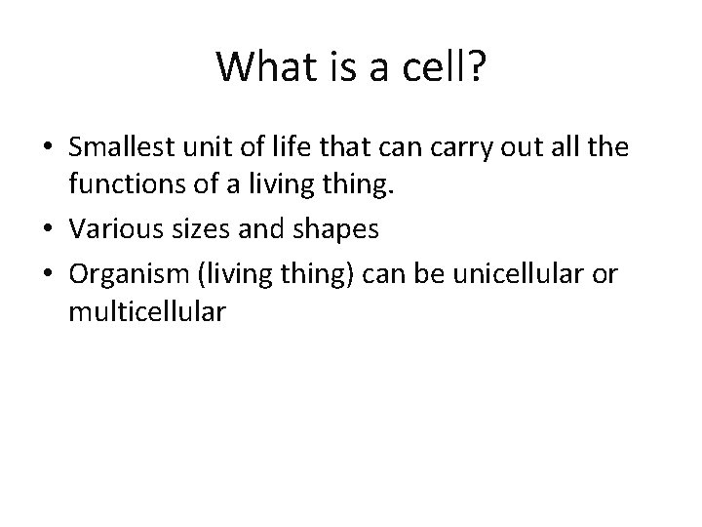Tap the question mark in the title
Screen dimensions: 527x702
coord(477,66)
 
